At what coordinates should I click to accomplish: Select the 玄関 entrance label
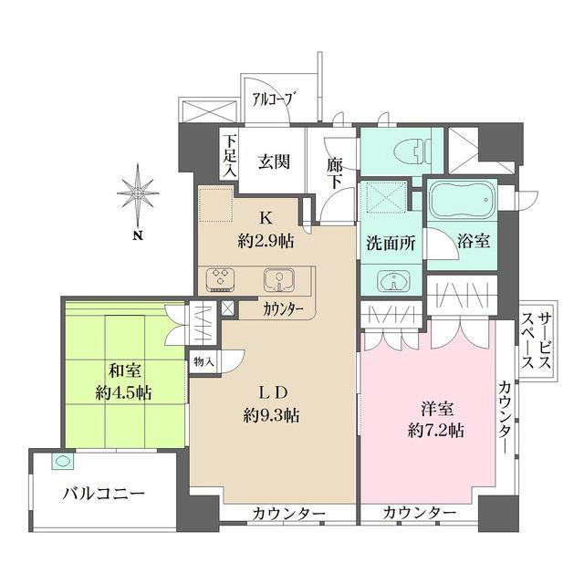273,162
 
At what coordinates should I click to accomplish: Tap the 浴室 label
474,242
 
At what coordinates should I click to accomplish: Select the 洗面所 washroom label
392,244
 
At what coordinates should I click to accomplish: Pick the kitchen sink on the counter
277,278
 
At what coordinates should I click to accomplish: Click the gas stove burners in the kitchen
222,278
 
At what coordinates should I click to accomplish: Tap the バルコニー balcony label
103,495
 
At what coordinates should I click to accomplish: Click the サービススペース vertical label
537,338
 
